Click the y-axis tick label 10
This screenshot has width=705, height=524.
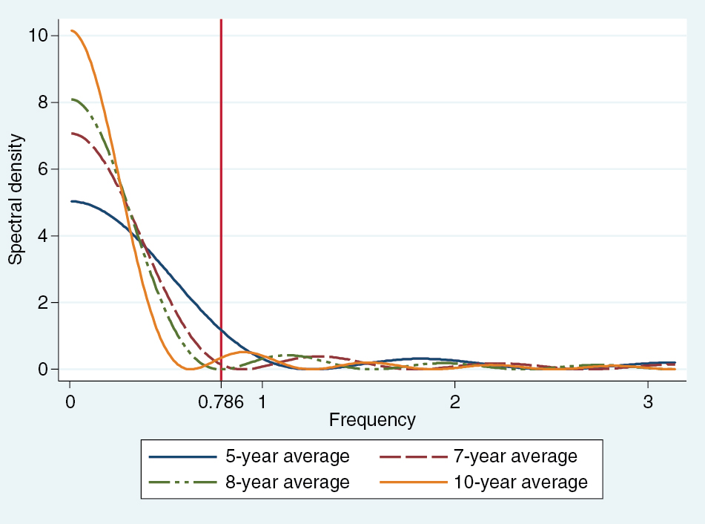[x=39, y=36]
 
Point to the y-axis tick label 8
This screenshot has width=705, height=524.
[x=43, y=102]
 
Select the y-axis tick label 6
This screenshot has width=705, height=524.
[x=43, y=169]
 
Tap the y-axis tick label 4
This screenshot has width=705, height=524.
[x=43, y=236]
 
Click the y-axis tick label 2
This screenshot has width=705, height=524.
[x=43, y=303]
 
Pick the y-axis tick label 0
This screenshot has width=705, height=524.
[x=43, y=370]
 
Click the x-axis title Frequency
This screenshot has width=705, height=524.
[x=372, y=420]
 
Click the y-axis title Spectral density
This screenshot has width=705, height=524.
[x=16, y=200]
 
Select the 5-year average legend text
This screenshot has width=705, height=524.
[x=288, y=456]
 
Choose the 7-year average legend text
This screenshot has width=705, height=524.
[x=514, y=456]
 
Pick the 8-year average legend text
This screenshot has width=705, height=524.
[x=288, y=482]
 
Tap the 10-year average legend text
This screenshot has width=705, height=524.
[x=520, y=482]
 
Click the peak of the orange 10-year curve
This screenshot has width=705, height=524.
[x=72, y=30]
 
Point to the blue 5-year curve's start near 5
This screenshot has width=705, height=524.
[x=71, y=201]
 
